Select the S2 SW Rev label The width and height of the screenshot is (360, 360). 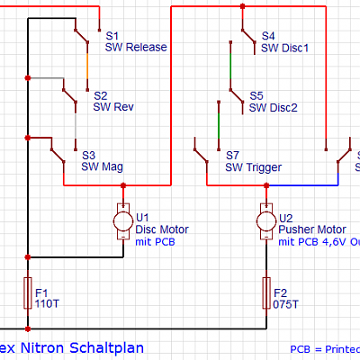point(113,101)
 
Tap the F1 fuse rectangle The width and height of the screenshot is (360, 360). point(28,292)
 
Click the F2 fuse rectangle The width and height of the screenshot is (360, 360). point(265,292)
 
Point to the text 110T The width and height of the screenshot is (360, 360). point(47,304)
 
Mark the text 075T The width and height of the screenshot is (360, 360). point(285,304)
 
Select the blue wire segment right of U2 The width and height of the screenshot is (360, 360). point(301,184)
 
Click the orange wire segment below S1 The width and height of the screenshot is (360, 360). point(86,65)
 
